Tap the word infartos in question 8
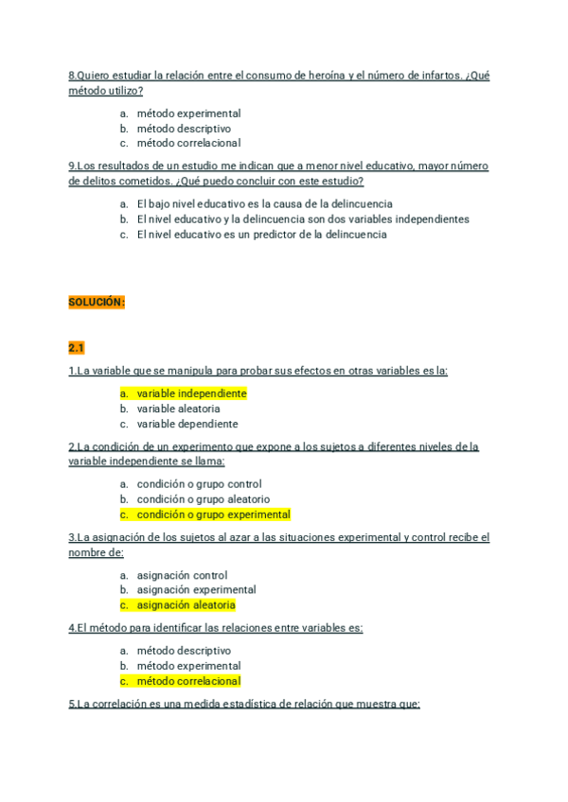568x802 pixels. tap(435, 76)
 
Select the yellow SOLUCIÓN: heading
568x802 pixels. tap(97, 303)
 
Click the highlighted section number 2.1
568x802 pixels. tap(77, 348)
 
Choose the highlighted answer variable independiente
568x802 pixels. tap(191, 393)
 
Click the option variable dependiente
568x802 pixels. tap(187, 424)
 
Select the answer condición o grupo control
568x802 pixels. tap(199, 484)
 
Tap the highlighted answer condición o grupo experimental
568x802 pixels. tap(213, 514)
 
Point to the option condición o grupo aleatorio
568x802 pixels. tap(203, 499)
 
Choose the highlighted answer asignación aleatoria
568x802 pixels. tap(186, 605)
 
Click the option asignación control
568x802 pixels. tap(182, 575)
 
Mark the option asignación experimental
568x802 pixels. tap(196, 590)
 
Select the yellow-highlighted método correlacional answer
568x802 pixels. tap(188, 681)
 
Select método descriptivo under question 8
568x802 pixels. tap(184, 129)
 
